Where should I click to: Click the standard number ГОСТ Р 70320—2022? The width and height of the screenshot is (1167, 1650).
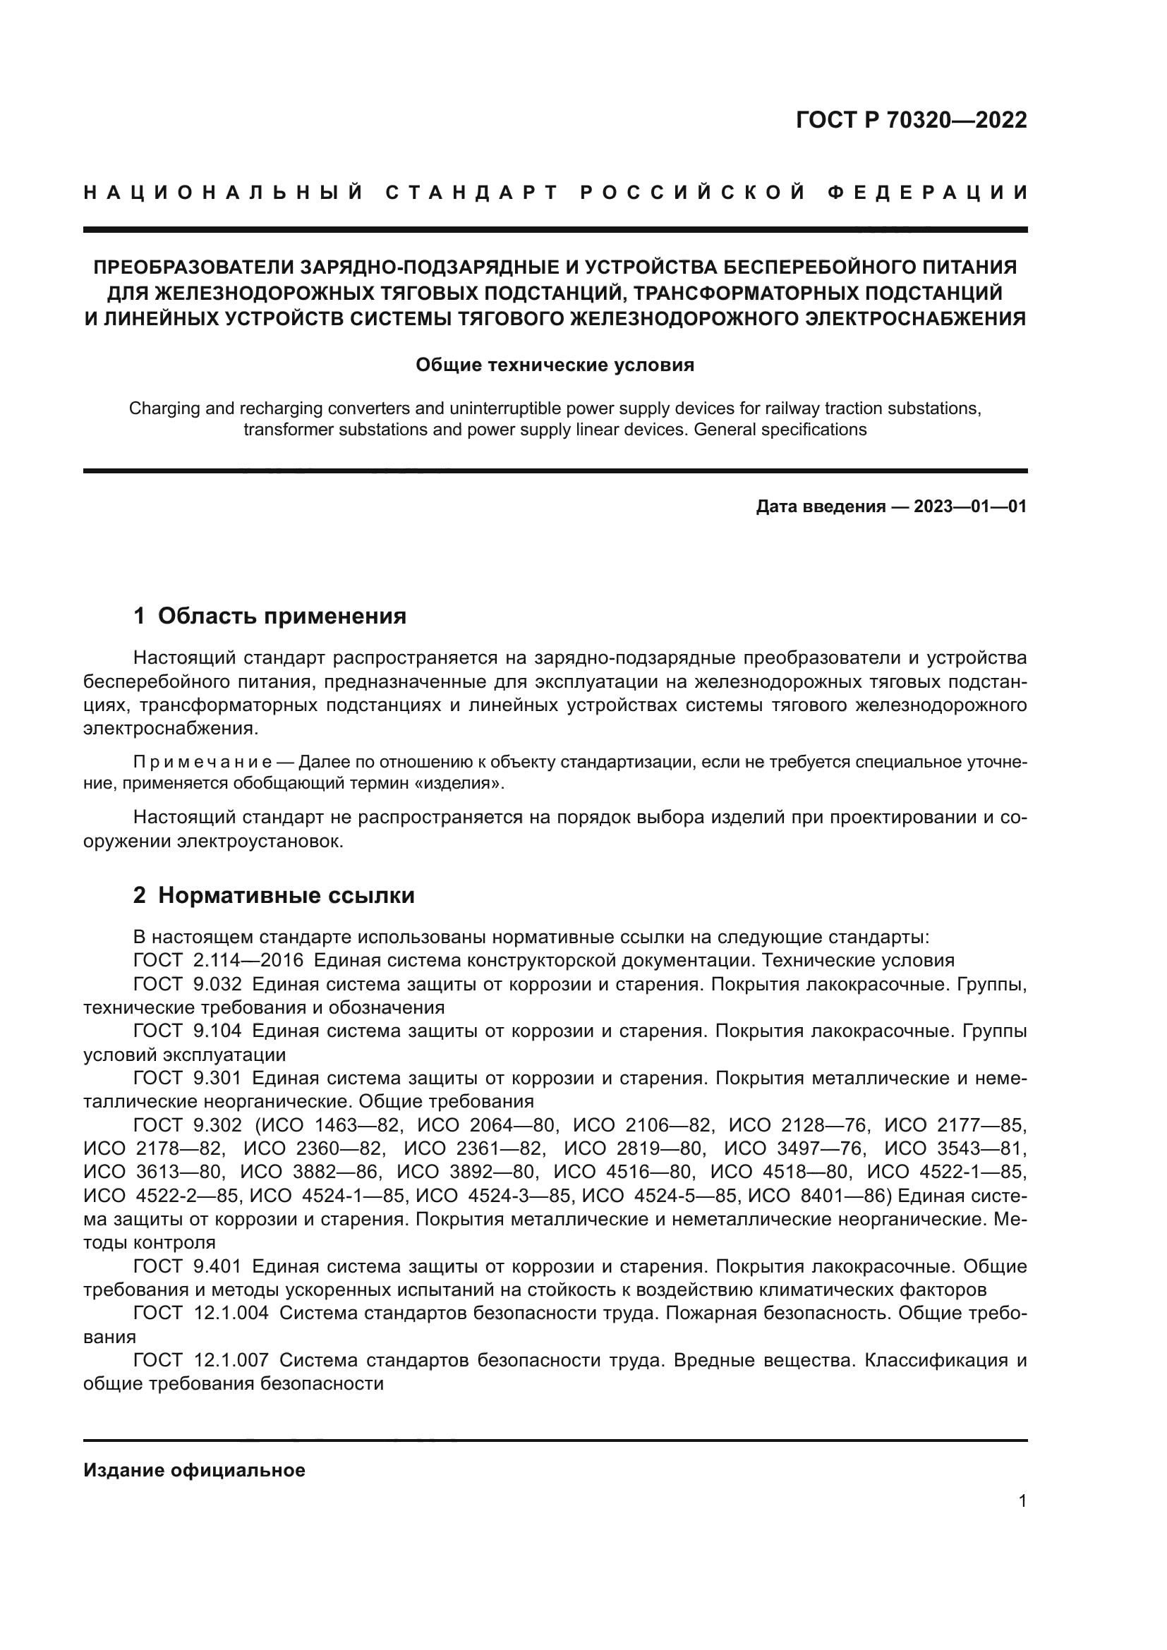click(911, 120)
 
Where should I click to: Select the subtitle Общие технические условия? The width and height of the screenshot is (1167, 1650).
click(555, 365)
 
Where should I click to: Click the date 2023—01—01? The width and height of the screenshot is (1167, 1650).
click(969, 507)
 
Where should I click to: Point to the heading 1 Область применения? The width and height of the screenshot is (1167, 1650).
click(270, 616)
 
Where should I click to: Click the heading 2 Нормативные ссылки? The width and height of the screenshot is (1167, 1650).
click(274, 895)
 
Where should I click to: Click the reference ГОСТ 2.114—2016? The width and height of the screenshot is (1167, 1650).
click(219, 961)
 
